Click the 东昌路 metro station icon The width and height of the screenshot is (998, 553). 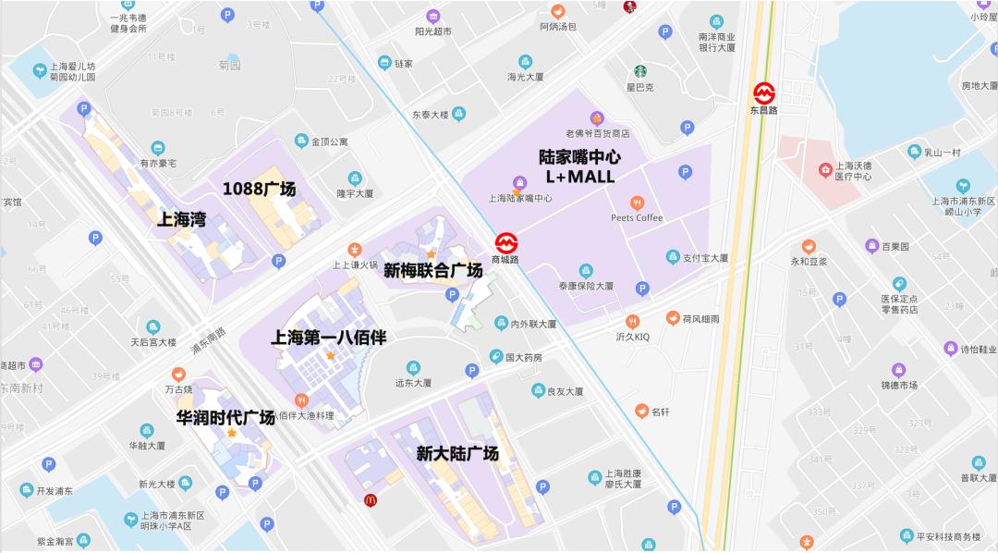[x=764, y=92]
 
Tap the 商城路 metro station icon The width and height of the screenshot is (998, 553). [x=505, y=243]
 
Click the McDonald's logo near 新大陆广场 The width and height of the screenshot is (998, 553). [x=370, y=500]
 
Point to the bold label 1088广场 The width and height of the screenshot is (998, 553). [x=260, y=189]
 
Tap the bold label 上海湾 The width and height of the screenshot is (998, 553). [x=181, y=220]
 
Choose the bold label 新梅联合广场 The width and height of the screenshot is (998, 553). [x=433, y=271]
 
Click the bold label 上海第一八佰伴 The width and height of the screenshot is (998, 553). [x=328, y=338]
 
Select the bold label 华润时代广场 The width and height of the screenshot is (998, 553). [x=225, y=417]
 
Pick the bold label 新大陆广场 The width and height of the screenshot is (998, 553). [x=457, y=453]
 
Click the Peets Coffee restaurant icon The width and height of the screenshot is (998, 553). [x=637, y=203]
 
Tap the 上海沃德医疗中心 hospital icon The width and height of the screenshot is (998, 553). [x=825, y=170]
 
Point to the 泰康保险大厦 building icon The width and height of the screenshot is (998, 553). [x=582, y=270]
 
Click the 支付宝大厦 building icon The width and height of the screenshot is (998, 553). [x=674, y=256]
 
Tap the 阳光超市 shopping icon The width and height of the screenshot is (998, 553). [x=432, y=16]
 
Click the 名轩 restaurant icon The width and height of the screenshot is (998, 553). [x=640, y=411]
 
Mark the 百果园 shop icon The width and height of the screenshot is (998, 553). [x=871, y=246]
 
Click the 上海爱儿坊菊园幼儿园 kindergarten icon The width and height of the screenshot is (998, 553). [x=40, y=70]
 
